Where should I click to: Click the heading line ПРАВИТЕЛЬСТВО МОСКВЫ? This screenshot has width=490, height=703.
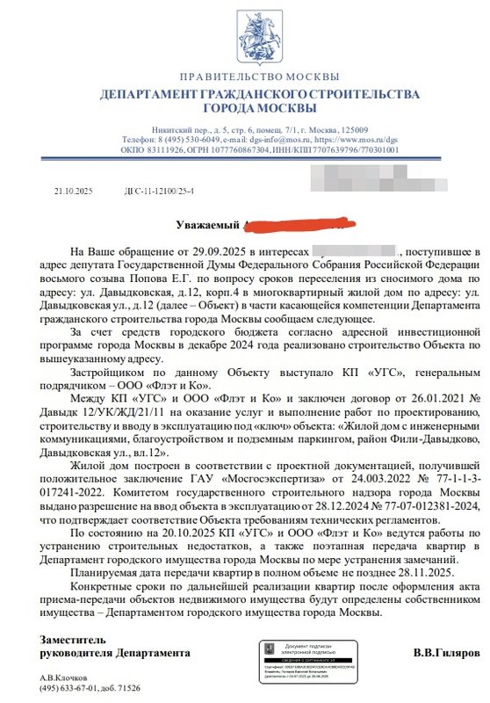[x=246, y=77]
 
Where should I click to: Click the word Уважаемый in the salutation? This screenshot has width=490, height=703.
[x=207, y=225]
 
